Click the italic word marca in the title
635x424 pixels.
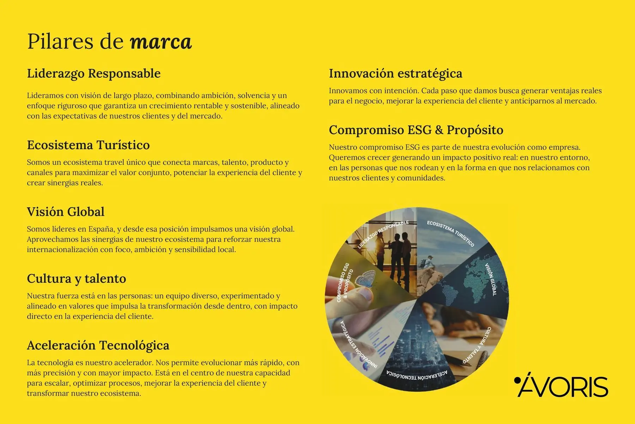tap(161, 42)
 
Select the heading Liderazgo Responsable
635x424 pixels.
tap(94, 73)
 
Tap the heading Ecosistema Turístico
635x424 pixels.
tap(89, 145)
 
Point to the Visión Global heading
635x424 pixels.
tap(66, 212)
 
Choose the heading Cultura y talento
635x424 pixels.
tap(77, 279)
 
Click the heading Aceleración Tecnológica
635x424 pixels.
tap(98, 345)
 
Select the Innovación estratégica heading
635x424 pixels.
tap(395, 73)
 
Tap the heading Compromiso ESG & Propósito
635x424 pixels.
tap(416, 130)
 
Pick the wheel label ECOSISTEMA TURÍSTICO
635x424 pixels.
tap(450, 234)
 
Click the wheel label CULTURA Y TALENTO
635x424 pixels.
tap(477, 345)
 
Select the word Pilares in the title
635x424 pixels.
tap(61, 42)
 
